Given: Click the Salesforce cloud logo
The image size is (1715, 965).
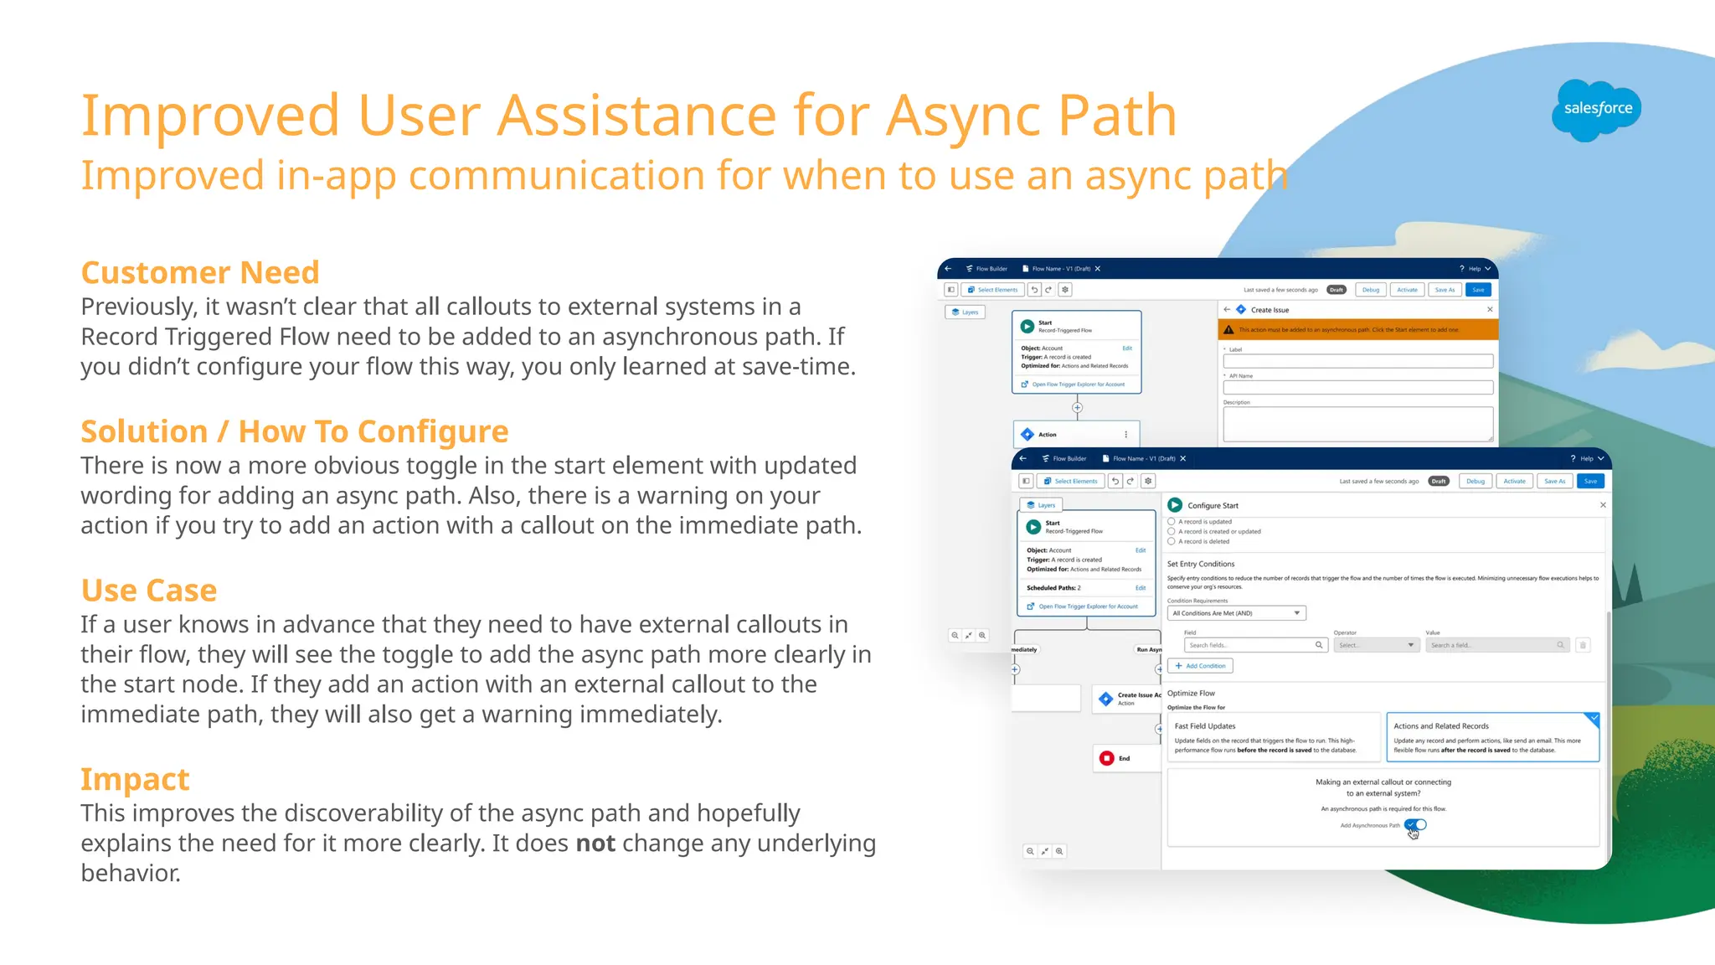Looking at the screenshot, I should (x=1596, y=110).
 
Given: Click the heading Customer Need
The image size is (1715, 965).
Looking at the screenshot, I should (x=200, y=273).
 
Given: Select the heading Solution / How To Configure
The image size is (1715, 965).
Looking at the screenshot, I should (x=294, y=432).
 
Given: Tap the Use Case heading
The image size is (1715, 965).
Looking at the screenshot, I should (x=149, y=591).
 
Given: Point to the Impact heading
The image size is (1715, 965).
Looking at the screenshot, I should (x=135, y=780).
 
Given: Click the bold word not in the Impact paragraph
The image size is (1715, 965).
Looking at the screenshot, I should (x=595, y=844).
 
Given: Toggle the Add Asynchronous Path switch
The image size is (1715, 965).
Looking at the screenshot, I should (x=1416, y=825).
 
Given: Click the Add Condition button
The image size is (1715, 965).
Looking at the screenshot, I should (x=1200, y=666).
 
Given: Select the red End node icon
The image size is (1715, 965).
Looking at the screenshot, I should (x=1106, y=758).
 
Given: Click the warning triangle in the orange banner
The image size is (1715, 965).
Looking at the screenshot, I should (x=1228, y=330).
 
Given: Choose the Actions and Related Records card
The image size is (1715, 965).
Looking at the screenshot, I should (x=1492, y=737).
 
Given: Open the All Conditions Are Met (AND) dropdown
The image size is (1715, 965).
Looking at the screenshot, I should (x=1236, y=613).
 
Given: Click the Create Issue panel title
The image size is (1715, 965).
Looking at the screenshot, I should (x=1270, y=310).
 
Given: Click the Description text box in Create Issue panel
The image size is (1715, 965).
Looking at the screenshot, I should (x=1357, y=424).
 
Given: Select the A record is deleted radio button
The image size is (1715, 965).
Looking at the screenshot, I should (x=1172, y=542).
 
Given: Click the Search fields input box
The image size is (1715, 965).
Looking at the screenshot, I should (x=1254, y=645).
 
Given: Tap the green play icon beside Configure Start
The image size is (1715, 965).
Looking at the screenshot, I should (x=1175, y=505).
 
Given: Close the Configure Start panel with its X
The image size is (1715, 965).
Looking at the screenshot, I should (x=1603, y=505).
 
